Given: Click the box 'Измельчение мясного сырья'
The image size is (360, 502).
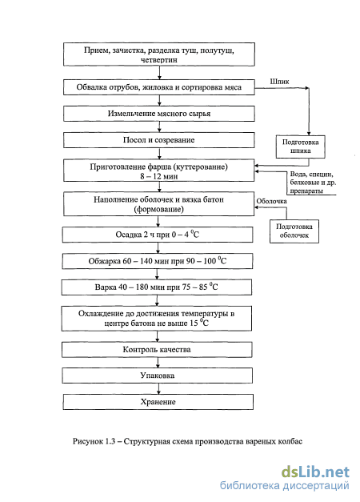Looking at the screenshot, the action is coord(159,114).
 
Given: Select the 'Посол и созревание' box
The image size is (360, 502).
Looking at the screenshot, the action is coord(159,140).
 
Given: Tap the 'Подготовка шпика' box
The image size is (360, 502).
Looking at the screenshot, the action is coord(301,147).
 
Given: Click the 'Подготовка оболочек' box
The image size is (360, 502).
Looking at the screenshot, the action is coord(294,231).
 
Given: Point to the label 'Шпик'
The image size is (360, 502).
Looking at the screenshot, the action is coord(279,82).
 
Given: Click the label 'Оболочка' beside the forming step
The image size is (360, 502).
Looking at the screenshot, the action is coord(271,201).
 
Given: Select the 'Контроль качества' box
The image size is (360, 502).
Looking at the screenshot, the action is coord(157,350).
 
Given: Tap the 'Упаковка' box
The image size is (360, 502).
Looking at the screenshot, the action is coord(157,375).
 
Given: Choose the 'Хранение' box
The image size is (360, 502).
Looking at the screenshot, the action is coord(158,402).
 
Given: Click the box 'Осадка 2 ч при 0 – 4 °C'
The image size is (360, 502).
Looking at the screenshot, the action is coord(158,235).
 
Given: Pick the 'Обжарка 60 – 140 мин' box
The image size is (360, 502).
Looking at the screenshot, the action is coord(157,261).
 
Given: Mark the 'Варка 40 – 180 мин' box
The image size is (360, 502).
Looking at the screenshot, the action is coord(157,287).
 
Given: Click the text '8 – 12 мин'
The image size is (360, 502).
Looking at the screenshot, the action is coord(158,176).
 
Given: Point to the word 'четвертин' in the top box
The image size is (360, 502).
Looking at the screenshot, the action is coord(158,60).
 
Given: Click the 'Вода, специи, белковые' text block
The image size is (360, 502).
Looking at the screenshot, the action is coord(313,183).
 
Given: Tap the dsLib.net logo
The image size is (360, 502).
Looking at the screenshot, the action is coord(315,472).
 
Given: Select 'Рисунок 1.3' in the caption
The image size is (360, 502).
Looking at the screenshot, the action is coord(94,441).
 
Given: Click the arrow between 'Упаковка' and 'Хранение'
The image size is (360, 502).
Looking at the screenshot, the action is coord(158,388).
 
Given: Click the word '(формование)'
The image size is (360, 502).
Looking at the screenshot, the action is coord(158,210).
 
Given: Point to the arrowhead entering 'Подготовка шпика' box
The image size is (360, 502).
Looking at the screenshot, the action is coord(309,133).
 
